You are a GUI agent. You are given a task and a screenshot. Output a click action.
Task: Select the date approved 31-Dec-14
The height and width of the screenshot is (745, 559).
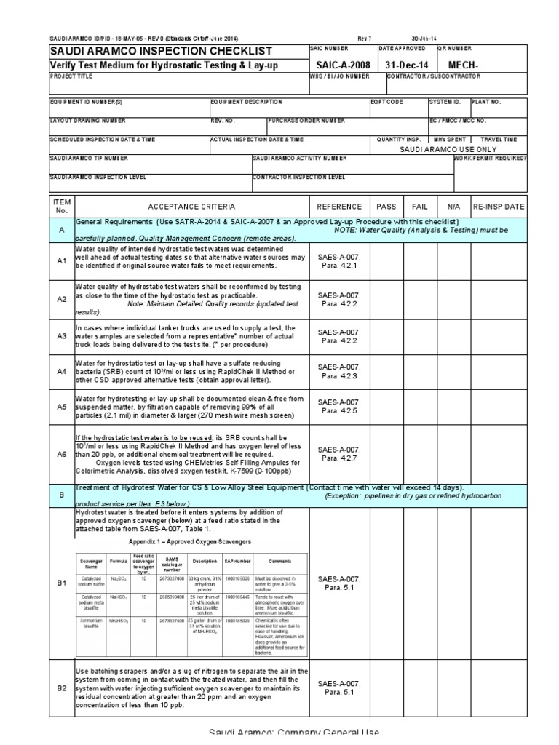pyautogui.click(x=403, y=65)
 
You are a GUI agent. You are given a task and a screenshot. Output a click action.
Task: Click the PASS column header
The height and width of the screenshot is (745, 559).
pyautogui.click(x=386, y=206)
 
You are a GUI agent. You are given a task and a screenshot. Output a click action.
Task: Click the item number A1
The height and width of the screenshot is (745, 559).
pyautogui.click(x=61, y=260)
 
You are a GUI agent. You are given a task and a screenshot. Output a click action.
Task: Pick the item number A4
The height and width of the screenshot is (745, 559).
pyautogui.click(x=61, y=371)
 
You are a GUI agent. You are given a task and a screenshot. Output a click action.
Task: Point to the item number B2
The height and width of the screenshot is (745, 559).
pyautogui.click(x=61, y=686)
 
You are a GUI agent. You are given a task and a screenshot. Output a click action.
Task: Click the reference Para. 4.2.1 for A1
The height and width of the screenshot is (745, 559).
pyautogui.click(x=339, y=266)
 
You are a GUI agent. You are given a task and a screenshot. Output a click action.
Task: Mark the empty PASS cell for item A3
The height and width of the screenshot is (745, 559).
pyautogui.click(x=386, y=336)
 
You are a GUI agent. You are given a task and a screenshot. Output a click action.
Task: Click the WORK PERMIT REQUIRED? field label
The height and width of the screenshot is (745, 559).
pyautogui.click(x=490, y=157)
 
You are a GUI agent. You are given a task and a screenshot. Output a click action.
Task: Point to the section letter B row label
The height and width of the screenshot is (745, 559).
pyautogui.click(x=61, y=493)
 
